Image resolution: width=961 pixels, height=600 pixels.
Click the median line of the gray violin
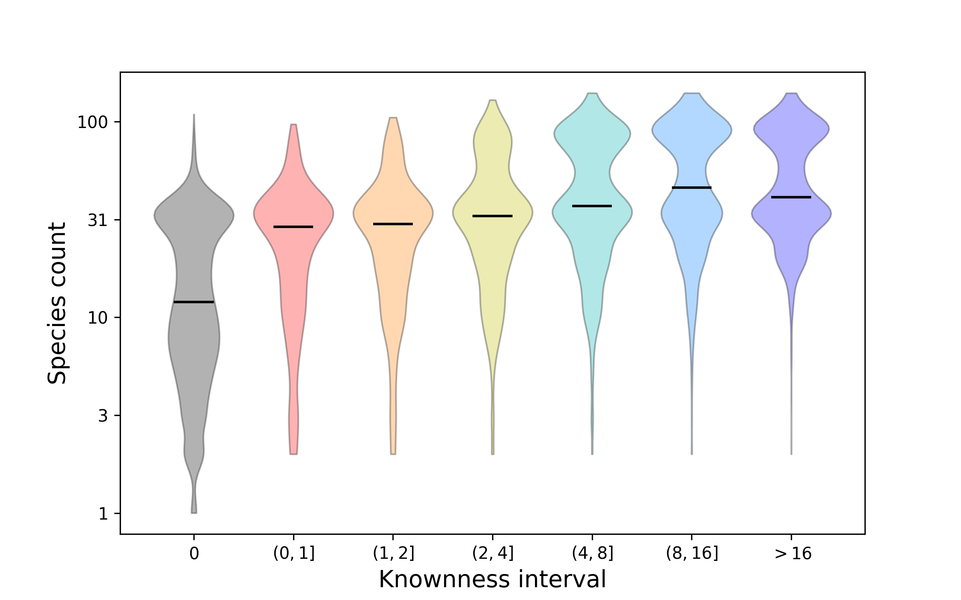coord(194,302)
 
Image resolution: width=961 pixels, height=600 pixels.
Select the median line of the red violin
coord(293,227)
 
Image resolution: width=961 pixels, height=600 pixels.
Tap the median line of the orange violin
coord(393,224)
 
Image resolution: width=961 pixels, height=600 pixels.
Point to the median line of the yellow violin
coord(493,216)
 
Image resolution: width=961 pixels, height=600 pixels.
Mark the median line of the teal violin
coord(592,206)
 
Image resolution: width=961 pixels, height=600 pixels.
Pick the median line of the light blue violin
coord(692,187)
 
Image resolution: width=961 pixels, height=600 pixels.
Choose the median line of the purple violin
coord(791,197)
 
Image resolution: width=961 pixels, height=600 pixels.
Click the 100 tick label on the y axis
coord(92,122)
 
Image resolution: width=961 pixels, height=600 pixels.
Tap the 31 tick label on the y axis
coord(98,220)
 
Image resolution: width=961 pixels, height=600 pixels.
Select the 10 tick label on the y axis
coord(98,318)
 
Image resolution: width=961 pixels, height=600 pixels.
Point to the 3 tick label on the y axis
coord(103,416)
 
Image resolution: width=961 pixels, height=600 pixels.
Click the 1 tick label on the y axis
coord(103,514)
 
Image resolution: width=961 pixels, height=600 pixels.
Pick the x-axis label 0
coord(194,554)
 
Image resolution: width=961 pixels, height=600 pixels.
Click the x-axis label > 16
coord(792,554)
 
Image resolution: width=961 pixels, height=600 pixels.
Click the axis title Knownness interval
coord(493,579)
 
